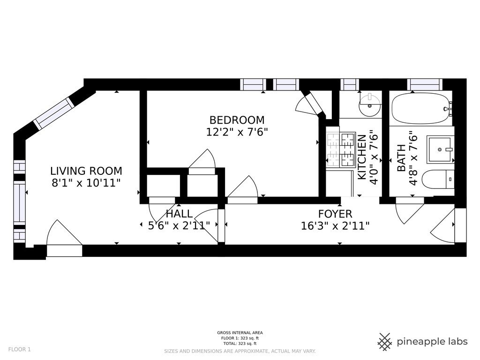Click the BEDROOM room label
pos(237,120)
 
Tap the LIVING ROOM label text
pos(86,171)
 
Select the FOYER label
pos(335,214)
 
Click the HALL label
pos(179,213)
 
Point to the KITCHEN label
pos(362,157)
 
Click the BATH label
pos(401,158)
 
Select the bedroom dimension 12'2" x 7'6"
pos(237,132)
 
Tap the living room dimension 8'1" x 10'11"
pos(86,183)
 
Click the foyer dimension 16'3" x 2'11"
pos(335,226)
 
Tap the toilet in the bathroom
pos(438,179)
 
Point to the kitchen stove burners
pos(341,150)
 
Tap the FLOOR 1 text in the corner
pos(19,349)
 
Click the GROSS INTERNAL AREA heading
pos(240,333)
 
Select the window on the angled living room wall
pos(54,113)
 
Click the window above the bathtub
pos(425,84)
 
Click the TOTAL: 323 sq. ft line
pos(240,344)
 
